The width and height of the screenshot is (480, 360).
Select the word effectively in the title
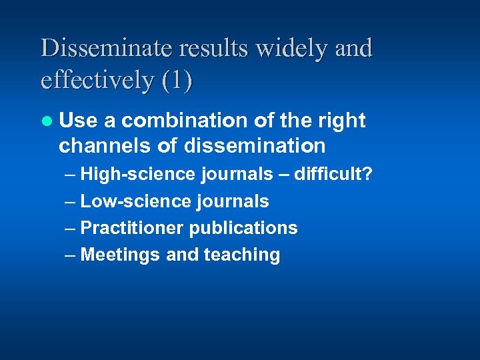click(x=97, y=80)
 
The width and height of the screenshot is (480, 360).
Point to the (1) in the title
click(x=177, y=80)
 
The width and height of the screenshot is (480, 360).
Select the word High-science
click(x=137, y=175)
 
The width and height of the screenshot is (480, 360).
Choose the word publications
click(x=243, y=228)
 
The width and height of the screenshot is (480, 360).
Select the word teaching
click(x=242, y=255)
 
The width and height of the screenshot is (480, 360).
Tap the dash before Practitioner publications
click(x=71, y=228)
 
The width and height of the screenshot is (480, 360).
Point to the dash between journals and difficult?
click(x=283, y=175)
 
